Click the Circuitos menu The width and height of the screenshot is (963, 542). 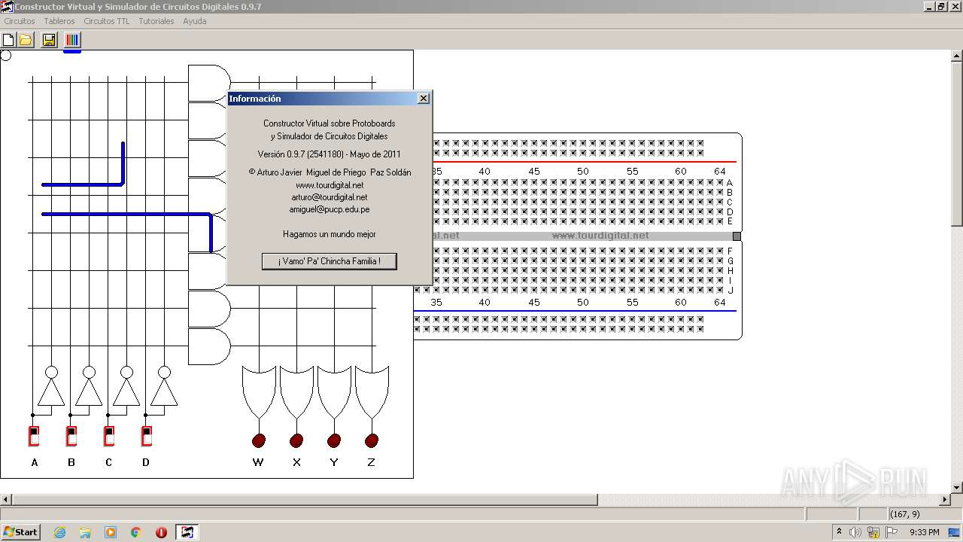[x=20, y=21]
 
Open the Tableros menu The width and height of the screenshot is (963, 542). [x=59, y=21]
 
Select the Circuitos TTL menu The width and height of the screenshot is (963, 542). [x=107, y=21]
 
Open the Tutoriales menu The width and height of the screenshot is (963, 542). [x=156, y=21]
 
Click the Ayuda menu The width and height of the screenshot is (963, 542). [x=195, y=21]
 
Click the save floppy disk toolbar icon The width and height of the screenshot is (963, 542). [x=50, y=40]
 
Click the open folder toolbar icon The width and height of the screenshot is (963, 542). [x=26, y=40]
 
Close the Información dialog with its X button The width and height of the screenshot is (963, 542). [x=424, y=99]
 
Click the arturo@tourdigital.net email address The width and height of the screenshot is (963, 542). [x=330, y=197]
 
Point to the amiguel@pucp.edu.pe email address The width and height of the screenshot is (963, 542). [x=330, y=210]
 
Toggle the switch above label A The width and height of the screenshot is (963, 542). [x=34, y=436]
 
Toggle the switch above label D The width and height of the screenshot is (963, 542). [x=147, y=436]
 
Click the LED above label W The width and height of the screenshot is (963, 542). [x=259, y=440]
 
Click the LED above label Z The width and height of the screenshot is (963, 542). [x=372, y=440]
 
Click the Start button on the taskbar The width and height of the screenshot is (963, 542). [x=20, y=532]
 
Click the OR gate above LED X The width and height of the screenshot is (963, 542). [x=296, y=388]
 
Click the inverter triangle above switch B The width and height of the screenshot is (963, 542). [x=89, y=391]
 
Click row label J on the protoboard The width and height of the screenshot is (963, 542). [x=730, y=290]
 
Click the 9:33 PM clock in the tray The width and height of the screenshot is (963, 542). [x=924, y=532]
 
